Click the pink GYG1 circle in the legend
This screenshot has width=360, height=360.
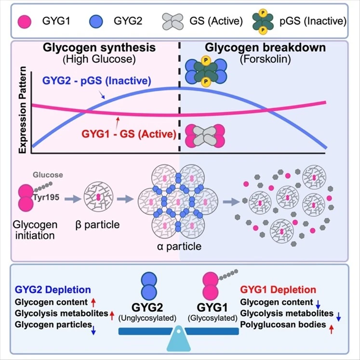click(x=25, y=21)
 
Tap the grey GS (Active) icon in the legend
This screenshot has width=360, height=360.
click(x=172, y=21)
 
